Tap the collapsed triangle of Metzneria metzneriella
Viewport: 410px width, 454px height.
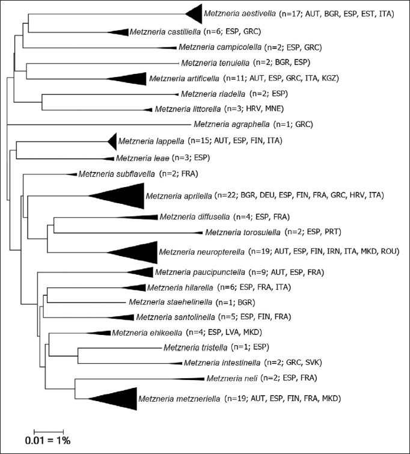point(117,398)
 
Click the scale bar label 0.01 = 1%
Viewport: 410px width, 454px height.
point(48,440)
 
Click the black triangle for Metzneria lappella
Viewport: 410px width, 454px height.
point(112,141)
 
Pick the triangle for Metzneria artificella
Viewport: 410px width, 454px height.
point(129,79)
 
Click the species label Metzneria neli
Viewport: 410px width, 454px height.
point(231,378)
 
